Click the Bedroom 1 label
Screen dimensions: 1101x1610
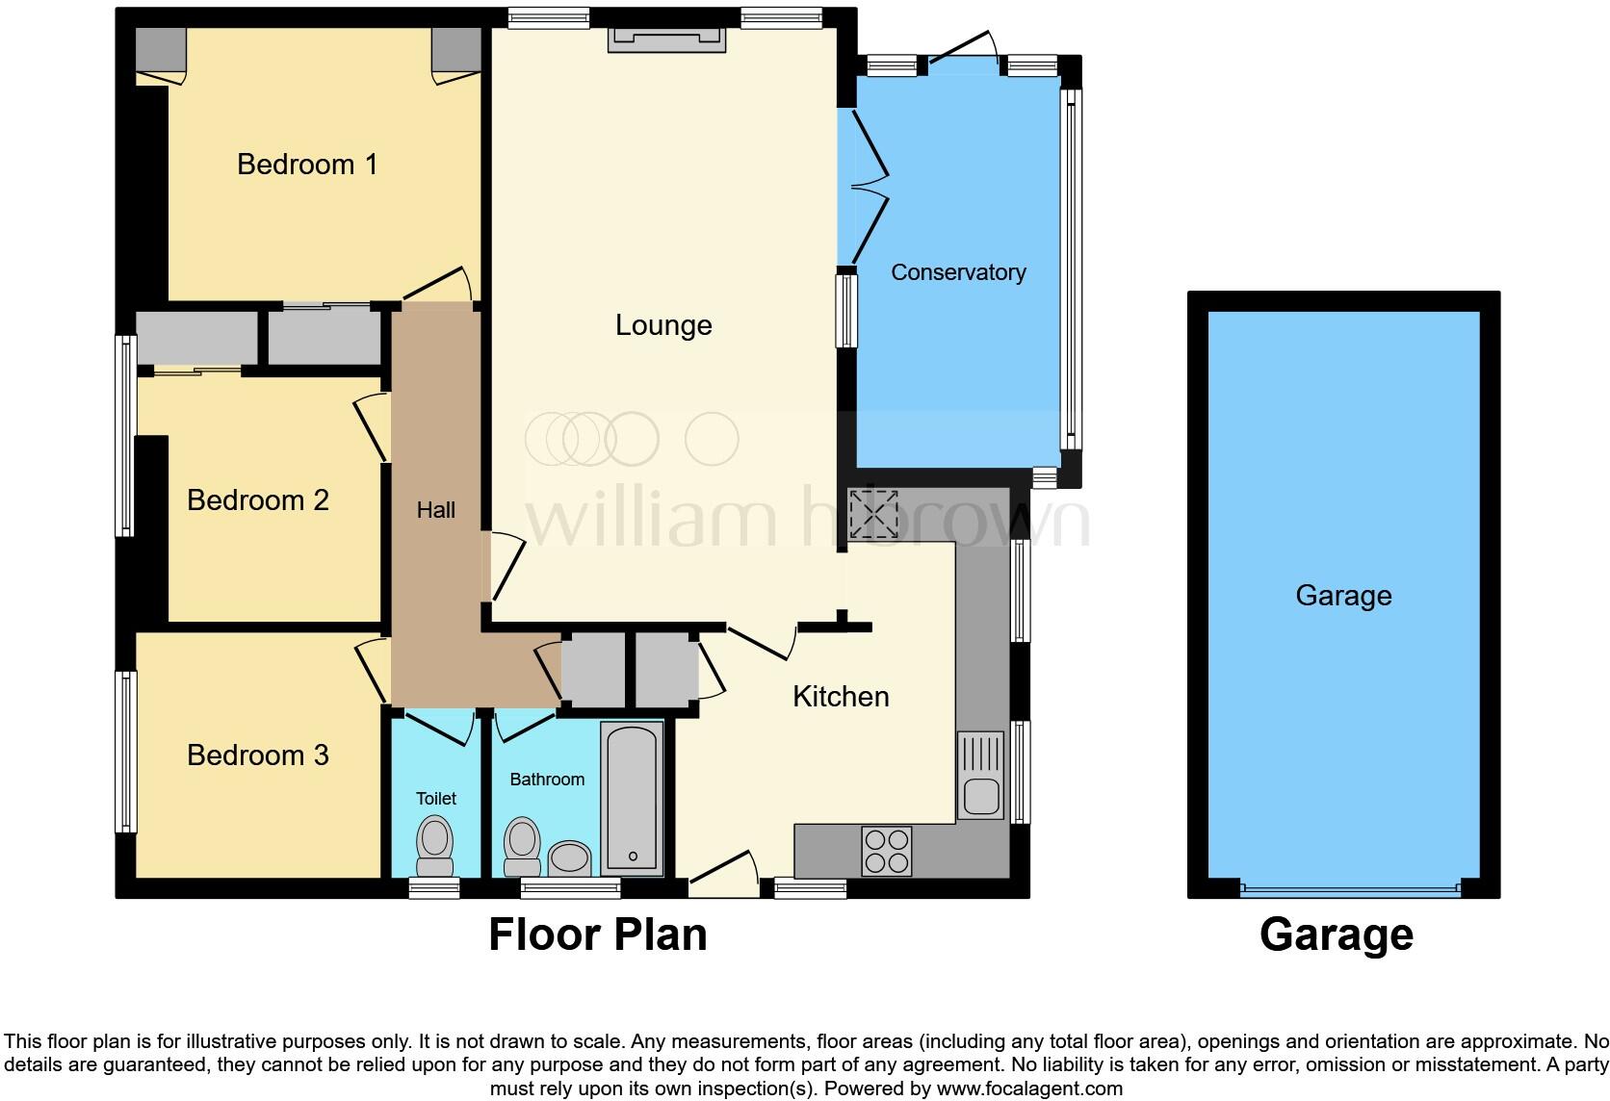click(x=307, y=165)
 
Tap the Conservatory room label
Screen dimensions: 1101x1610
click(x=957, y=272)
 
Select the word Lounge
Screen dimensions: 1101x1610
click(x=663, y=325)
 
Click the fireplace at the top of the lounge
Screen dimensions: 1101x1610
click(x=666, y=38)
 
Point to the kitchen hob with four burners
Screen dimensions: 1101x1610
click(x=887, y=850)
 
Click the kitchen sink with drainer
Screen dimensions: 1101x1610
click(x=980, y=775)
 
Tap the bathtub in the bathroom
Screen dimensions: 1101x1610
click(x=632, y=797)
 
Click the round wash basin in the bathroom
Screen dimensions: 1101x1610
click(x=569, y=857)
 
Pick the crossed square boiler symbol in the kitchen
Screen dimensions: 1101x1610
click(x=872, y=513)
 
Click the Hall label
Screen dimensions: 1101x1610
click(x=435, y=510)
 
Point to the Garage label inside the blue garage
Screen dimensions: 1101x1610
click(x=1343, y=596)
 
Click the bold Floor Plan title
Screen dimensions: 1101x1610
click(x=598, y=935)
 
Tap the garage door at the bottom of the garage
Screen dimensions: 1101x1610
click(x=1350, y=890)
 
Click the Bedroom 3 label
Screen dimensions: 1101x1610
click(x=258, y=755)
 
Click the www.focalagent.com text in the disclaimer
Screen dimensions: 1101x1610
click(x=1030, y=1088)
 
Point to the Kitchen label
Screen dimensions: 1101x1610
click(x=841, y=697)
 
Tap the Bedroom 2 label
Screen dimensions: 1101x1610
click(x=258, y=500)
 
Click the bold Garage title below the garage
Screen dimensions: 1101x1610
click(x=1336, y=935)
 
